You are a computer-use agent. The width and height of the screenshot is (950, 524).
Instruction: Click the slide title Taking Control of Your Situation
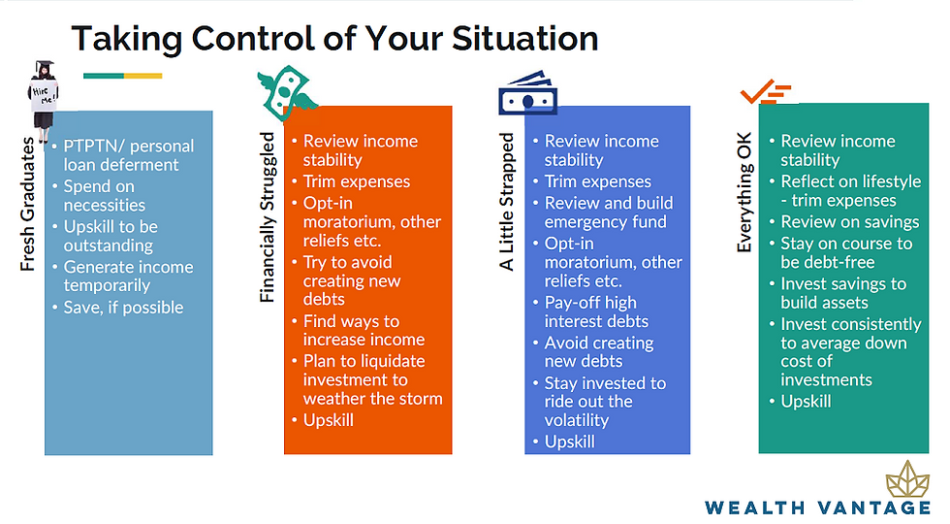point(334,39)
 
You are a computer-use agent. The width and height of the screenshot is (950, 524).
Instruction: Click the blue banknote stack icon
point(527,93)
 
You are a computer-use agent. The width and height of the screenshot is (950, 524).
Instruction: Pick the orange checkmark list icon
point(766,91)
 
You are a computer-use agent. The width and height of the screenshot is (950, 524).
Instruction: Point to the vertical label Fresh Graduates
point(27,204)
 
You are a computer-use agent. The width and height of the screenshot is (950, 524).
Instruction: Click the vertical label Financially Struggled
point(268,217)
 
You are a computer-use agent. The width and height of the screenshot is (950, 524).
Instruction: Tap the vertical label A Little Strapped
point(506,202)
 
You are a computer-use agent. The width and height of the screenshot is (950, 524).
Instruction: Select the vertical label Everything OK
point(744,192)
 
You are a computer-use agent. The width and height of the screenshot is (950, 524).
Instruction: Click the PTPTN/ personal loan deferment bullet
point(124,155)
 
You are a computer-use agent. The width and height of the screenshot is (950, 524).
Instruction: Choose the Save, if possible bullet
point(118,308)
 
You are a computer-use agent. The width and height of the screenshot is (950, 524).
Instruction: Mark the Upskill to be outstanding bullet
point(106,236)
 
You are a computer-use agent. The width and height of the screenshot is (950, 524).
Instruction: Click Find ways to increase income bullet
point(359,331)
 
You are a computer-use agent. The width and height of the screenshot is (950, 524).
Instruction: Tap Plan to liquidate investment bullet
point(367,379)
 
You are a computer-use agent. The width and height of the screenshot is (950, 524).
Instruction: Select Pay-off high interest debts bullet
point(590,311)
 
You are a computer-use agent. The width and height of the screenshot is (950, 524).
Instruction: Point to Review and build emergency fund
point(603,213)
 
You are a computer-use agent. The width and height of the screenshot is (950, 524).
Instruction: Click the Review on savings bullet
point(844,222)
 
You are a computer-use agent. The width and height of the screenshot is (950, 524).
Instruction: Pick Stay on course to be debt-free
point(841,253)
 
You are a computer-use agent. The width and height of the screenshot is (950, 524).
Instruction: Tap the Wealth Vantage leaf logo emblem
point(907,479)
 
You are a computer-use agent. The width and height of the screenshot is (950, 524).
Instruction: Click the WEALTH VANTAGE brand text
point(818,508)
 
